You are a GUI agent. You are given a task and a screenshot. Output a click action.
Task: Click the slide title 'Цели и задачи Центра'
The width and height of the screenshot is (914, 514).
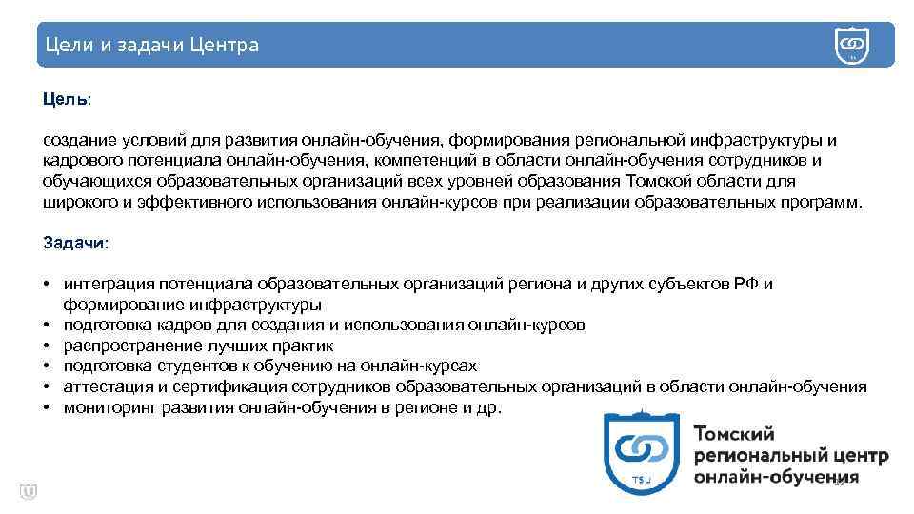[151, 46]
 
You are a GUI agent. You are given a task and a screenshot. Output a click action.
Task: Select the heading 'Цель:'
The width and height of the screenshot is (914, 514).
[67, 99]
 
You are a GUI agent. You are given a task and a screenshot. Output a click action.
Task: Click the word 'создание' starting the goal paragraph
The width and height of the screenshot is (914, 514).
[76, 140]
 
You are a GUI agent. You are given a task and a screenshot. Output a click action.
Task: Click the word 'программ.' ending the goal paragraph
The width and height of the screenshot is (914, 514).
[823, 202]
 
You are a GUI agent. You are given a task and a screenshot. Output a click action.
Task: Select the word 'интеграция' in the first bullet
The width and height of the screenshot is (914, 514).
[103, 284]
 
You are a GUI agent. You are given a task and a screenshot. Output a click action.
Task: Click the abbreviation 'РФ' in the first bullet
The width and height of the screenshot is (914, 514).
[747, 284]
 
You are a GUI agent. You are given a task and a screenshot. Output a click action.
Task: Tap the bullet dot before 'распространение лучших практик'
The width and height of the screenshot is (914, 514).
[47, 346]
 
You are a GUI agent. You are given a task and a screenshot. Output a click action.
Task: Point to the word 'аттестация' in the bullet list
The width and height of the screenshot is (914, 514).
[103, 386]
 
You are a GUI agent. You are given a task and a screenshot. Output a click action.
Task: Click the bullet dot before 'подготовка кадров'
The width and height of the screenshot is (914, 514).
[47, 325]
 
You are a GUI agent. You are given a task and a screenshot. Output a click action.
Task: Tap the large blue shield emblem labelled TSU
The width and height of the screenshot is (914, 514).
[642, 452]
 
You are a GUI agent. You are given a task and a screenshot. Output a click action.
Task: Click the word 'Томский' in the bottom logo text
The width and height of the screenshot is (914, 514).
[734, 434]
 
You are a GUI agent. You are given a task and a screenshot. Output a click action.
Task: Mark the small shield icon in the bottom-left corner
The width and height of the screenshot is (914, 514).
[28, 491]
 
